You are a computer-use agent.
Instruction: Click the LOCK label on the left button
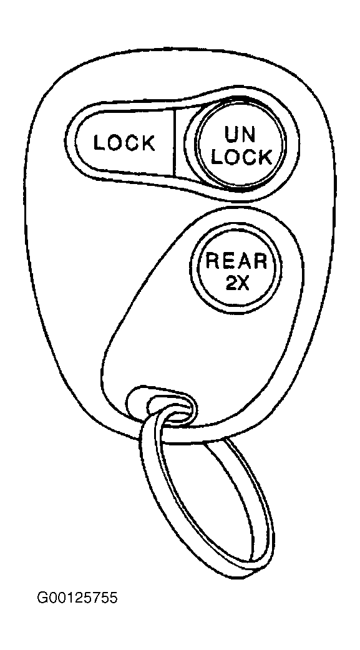[124, 143]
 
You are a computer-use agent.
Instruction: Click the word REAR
[237, 261]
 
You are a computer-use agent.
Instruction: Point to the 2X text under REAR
[237, 283]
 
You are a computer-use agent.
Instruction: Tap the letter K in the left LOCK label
[148, 143]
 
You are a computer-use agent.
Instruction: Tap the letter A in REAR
[244, 261]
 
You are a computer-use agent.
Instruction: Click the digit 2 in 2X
[231, 283]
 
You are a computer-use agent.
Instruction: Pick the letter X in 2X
[243, 283]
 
